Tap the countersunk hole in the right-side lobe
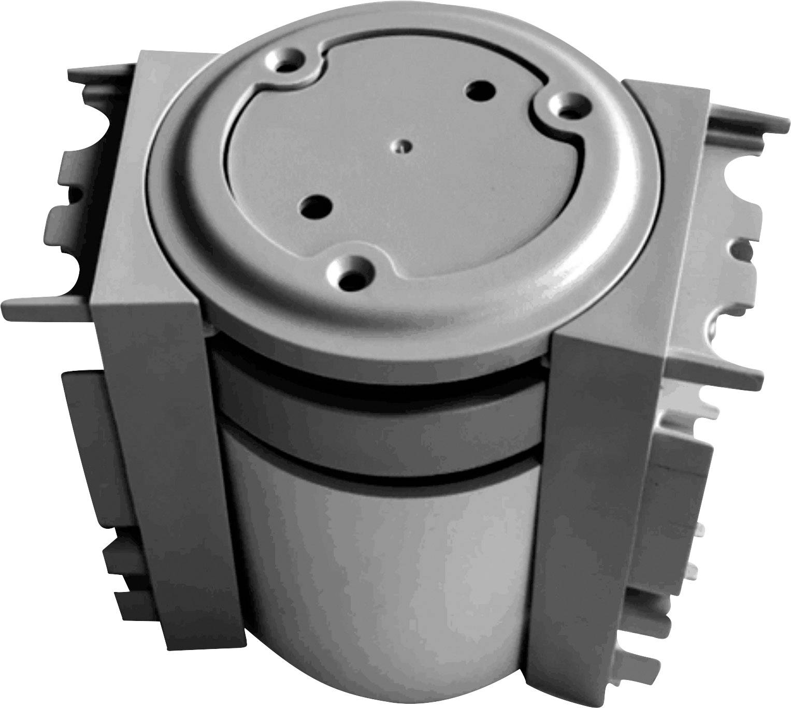569,108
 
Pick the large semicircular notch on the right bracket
736,176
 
